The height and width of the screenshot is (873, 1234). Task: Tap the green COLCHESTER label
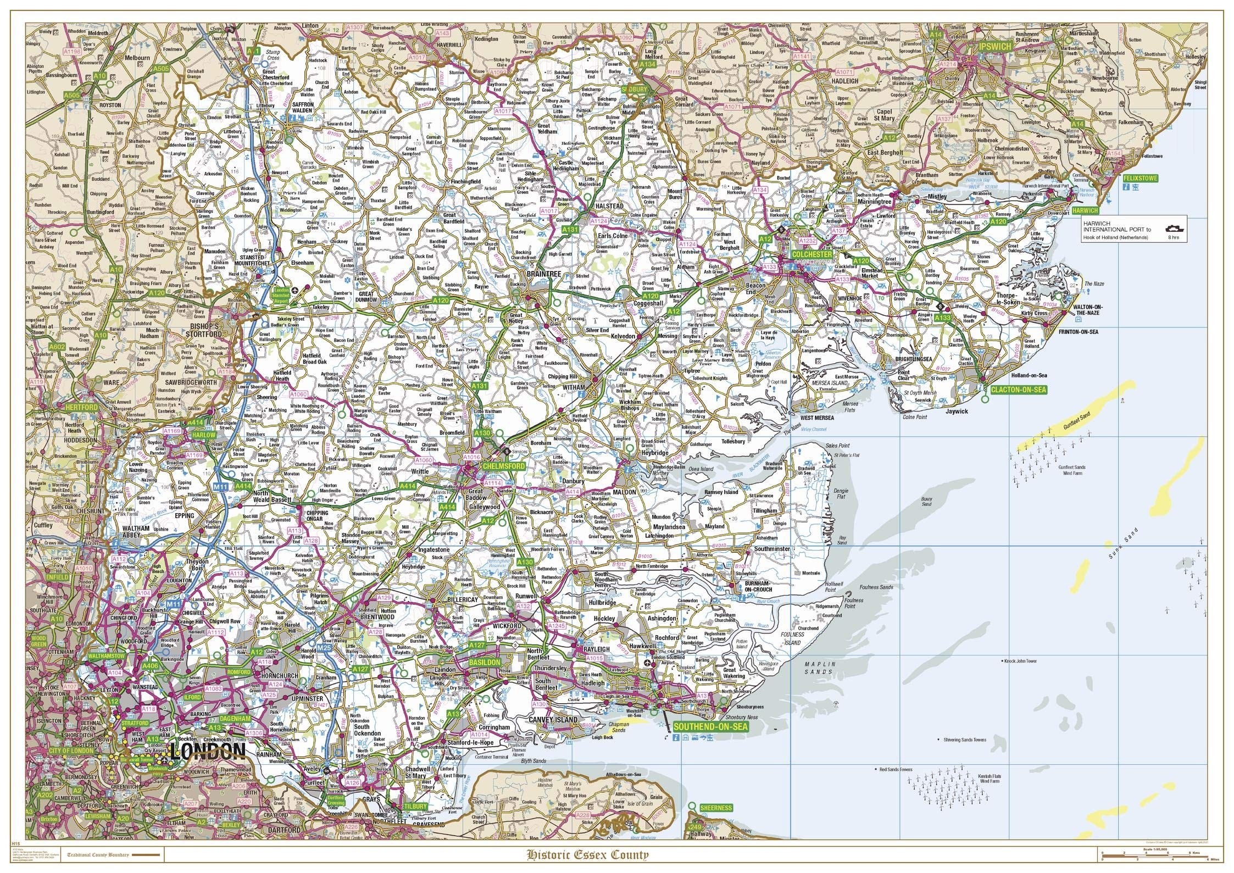coord(812,255)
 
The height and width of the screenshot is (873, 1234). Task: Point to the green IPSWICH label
coord(994,47)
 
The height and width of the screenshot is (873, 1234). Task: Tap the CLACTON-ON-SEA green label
coord(1018,390)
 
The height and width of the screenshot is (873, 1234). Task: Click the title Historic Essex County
coord(587,854)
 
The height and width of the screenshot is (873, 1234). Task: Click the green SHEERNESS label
coord(716,808)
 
